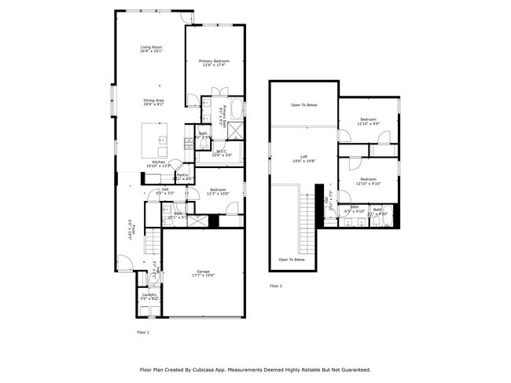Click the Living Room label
click(x=152, y=49)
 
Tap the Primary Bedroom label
click(x=214, y=62)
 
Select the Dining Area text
click(x=153, y=101)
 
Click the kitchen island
click(x=156, y=139)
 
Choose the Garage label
click(x=203, y=274)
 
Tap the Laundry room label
click(x=149, y=297)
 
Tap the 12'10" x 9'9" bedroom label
click(x=369, y=121)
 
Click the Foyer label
click(x=134, y=231)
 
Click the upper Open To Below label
click(x=303, y=104)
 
